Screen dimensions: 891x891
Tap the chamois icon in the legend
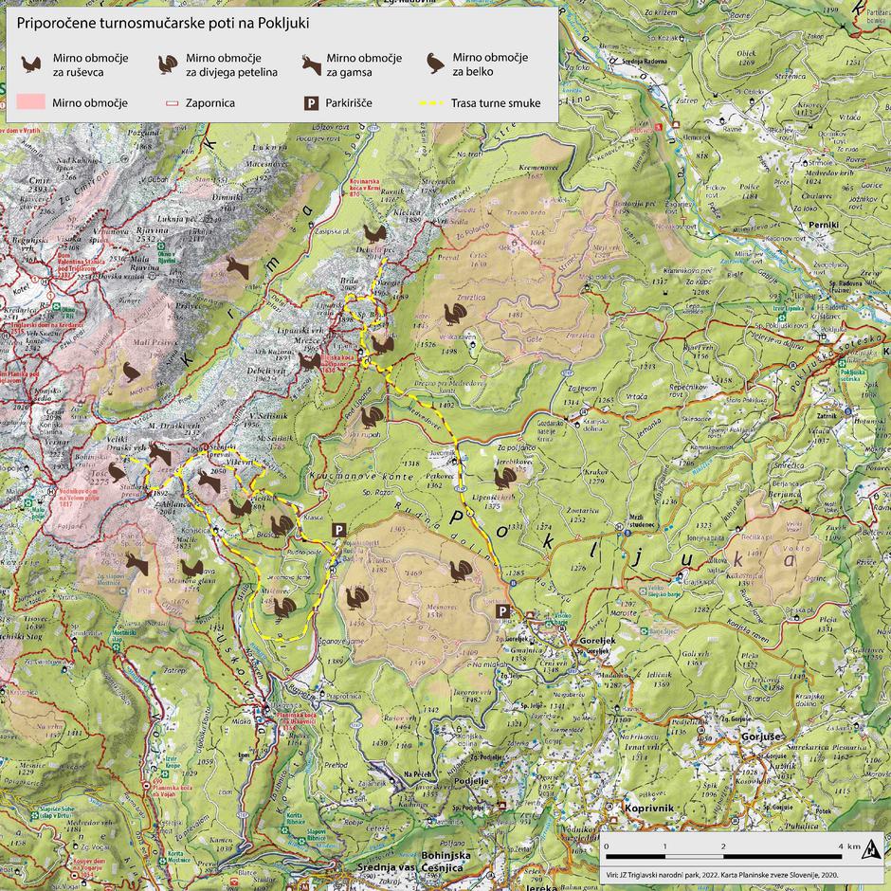311,64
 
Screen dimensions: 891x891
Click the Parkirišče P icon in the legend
309,102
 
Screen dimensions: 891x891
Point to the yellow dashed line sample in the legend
434,102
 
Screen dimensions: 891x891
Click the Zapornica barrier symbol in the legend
172,102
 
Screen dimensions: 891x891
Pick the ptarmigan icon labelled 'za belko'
435,64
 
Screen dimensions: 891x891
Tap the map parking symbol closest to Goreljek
504,610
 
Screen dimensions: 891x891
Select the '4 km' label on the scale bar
852,846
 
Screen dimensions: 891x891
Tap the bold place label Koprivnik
649,808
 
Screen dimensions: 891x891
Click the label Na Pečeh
418,775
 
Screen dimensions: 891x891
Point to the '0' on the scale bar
608,846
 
